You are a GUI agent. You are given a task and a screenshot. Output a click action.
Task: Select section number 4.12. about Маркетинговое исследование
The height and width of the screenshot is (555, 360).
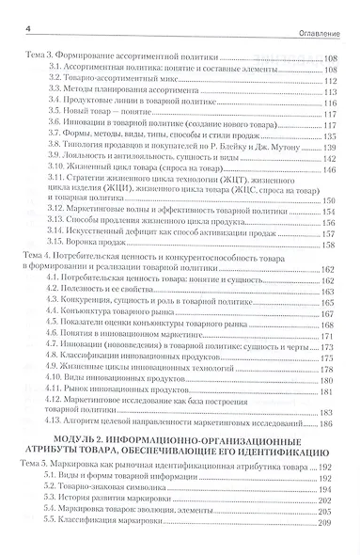61,402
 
